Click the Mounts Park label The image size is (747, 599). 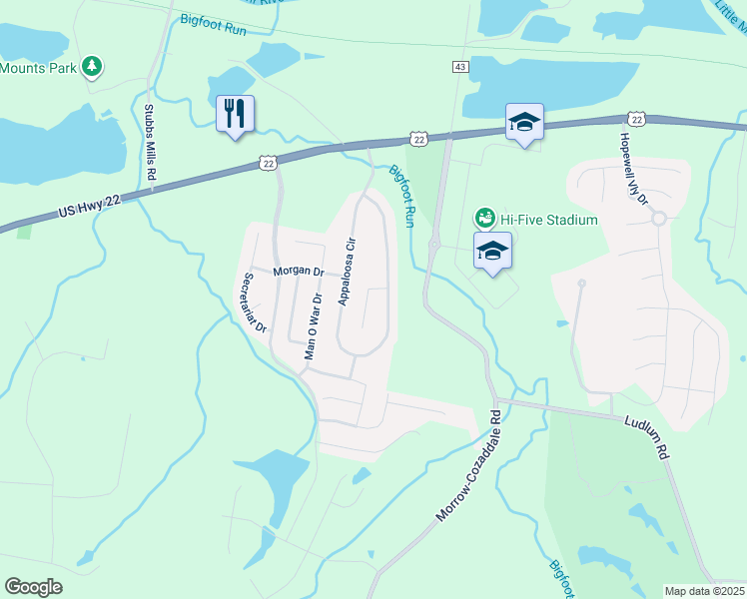point(38,68)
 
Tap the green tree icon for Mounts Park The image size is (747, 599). point(92,67)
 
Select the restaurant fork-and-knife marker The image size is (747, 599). point(236,114)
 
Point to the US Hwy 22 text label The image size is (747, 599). point(89,206)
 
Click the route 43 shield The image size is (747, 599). point(459,67)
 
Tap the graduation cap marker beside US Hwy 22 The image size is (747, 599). point(524,123)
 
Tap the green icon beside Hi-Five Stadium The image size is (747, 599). point(484,218)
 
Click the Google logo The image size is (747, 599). point(34,587)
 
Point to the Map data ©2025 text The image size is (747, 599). point(704,591)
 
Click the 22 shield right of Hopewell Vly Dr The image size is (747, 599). point(637,118)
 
